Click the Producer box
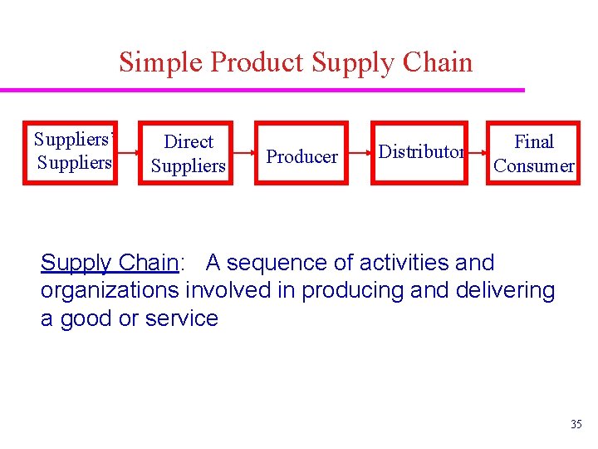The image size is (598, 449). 301,155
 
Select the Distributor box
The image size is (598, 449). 420,152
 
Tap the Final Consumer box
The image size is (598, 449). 533,154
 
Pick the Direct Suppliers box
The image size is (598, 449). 188,154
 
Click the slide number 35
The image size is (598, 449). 576,425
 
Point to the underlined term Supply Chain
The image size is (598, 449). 110,263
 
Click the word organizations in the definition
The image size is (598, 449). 110,290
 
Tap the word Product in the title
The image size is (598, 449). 257,62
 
